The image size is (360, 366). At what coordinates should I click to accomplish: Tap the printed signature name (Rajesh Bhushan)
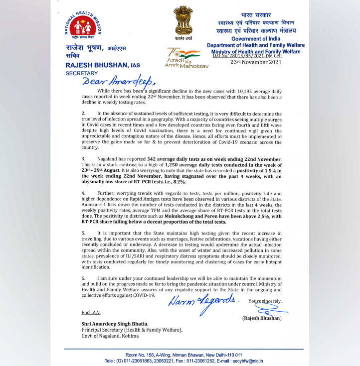pos(261,317)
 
